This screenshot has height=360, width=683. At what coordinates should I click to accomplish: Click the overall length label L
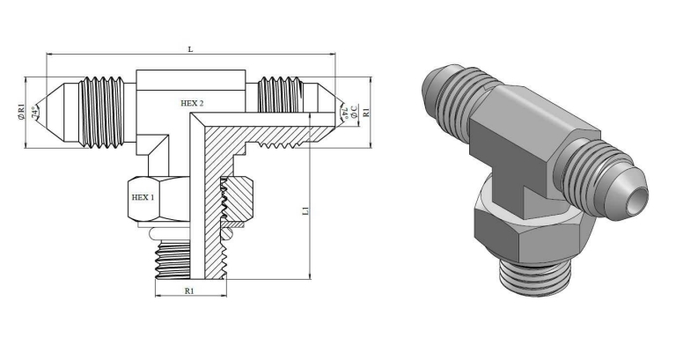point(190,49)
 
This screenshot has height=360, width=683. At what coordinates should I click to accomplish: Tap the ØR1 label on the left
point(21,112)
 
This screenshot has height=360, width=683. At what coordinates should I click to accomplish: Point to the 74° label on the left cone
point(34,113)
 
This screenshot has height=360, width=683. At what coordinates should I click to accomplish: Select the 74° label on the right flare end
point(344,113)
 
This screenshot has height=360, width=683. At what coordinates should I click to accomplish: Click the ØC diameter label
point(354,111)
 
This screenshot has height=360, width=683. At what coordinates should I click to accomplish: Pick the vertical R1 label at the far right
point(366,112)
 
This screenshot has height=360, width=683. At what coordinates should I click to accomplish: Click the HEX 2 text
point(192,103)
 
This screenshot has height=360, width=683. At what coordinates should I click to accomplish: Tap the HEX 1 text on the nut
point(143,197)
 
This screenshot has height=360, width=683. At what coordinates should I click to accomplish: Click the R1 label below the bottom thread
point(189,290)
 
